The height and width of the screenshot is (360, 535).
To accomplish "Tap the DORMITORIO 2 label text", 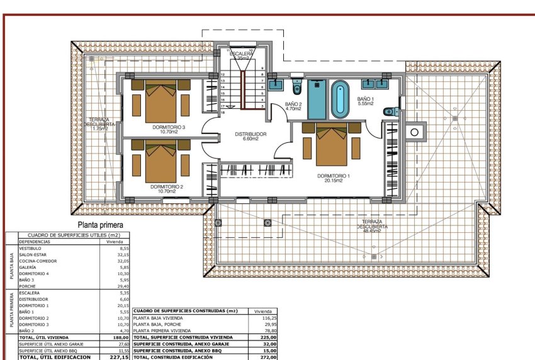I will tap(167, 188).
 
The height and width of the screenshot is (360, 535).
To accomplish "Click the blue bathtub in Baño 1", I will tap(340, 98).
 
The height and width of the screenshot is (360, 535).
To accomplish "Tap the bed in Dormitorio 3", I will tap(160, 103).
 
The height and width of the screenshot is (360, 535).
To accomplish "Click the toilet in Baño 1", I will tap(390, 112).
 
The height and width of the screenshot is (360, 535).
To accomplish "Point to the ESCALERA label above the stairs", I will tap(242, 55).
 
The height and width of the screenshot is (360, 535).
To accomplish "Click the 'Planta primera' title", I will tap(99, 224).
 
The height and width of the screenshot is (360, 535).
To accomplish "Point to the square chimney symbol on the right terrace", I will tap(415, 132).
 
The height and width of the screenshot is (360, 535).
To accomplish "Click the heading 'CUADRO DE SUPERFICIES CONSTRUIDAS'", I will tap(186, 311).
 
